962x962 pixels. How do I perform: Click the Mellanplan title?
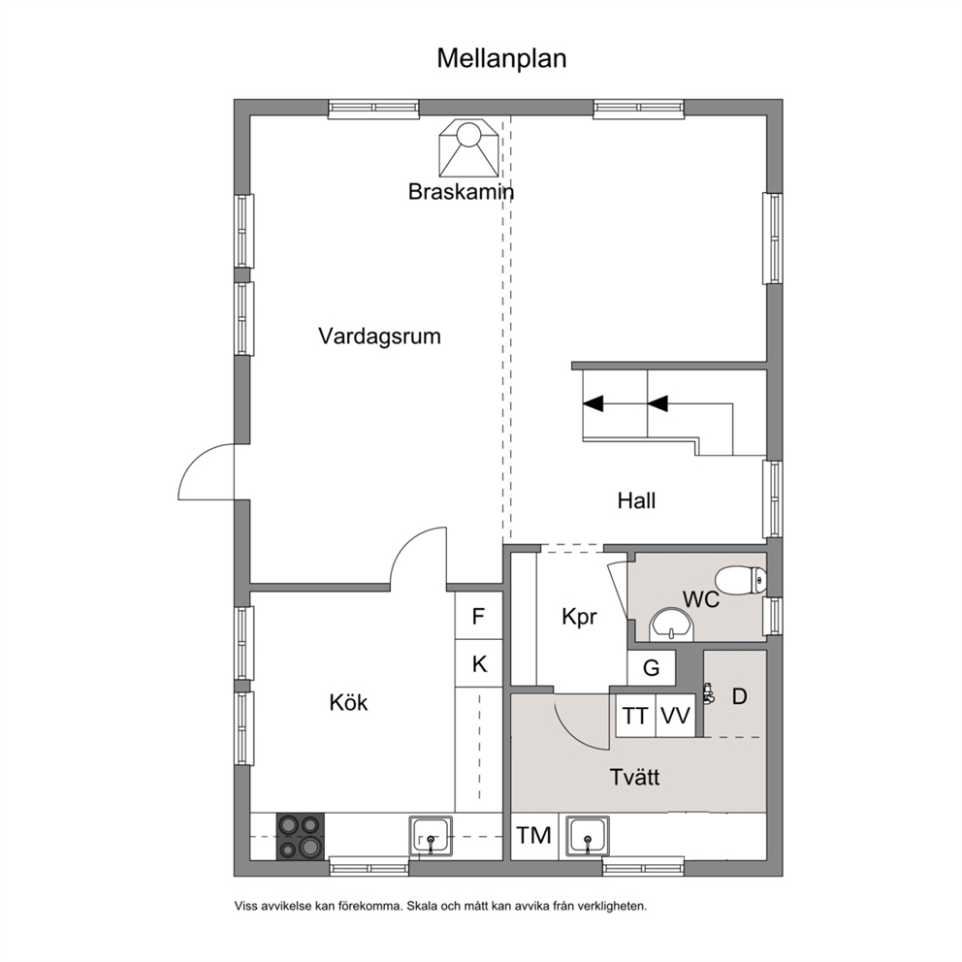point(501,59)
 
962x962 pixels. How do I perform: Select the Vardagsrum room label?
point(380,337)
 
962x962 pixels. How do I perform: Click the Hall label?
point(636,500)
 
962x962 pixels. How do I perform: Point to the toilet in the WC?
point(741,580)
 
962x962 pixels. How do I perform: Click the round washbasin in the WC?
point(671,625)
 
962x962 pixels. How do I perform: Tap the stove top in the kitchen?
point(300,836)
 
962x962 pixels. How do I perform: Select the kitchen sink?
point(431,836)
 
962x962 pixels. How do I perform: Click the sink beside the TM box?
point(588,836)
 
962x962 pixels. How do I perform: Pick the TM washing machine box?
point(534,836)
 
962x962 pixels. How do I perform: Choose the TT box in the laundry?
point(635,716)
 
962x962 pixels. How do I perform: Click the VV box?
point(675,716)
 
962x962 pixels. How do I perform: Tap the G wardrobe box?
point(651,667)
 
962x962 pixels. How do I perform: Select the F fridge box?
point(478,616)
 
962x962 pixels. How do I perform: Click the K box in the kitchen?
point(478,664)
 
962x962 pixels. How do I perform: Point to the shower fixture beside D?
point(709,692)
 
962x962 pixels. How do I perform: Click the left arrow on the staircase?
point(593,403)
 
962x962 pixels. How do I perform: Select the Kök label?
point(348,702)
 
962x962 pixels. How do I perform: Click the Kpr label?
point(579,617)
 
